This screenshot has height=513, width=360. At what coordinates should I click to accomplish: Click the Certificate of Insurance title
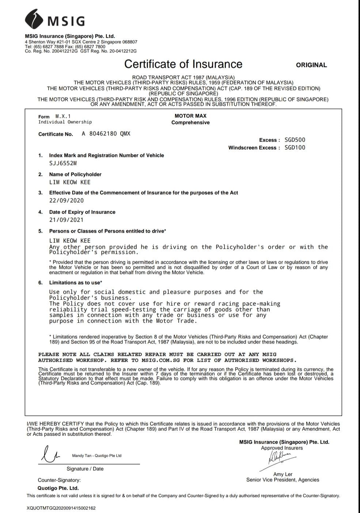tap(183, 64)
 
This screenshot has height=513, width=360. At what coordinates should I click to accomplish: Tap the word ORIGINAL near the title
tap(311, 65)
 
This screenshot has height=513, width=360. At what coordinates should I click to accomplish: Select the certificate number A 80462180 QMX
tap(106, 134)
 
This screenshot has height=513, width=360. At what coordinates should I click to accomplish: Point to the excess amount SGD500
tap(295, 140)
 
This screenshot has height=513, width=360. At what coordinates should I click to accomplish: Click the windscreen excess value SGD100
tap(295, 148)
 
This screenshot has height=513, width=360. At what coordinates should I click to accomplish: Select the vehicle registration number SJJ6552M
tap(63, 163)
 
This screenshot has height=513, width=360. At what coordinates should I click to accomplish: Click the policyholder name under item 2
tap(70, 182)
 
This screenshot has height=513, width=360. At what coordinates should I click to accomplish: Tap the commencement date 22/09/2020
tap(67, 200)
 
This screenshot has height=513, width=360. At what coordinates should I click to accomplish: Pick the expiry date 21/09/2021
tap(67, 220)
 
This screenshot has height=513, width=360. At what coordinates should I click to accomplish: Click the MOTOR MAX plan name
tap(190, 116)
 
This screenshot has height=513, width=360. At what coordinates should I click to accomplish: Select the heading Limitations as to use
tap(76, 283)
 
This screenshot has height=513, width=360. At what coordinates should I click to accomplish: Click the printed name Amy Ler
tap(283, 474)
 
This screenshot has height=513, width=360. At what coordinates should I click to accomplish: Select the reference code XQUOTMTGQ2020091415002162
tap(61, 508)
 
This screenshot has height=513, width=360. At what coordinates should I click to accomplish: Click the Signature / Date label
tap(85, 469)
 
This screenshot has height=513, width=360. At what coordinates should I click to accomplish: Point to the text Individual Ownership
tap(65, 122)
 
